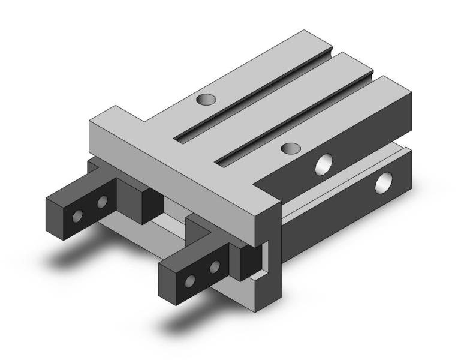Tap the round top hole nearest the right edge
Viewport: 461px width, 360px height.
291,148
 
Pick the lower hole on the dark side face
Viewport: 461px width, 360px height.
382,184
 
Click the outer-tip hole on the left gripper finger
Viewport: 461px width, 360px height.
78,214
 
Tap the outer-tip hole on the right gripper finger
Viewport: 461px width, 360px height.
191,280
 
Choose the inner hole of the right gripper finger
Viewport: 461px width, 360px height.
214,265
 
